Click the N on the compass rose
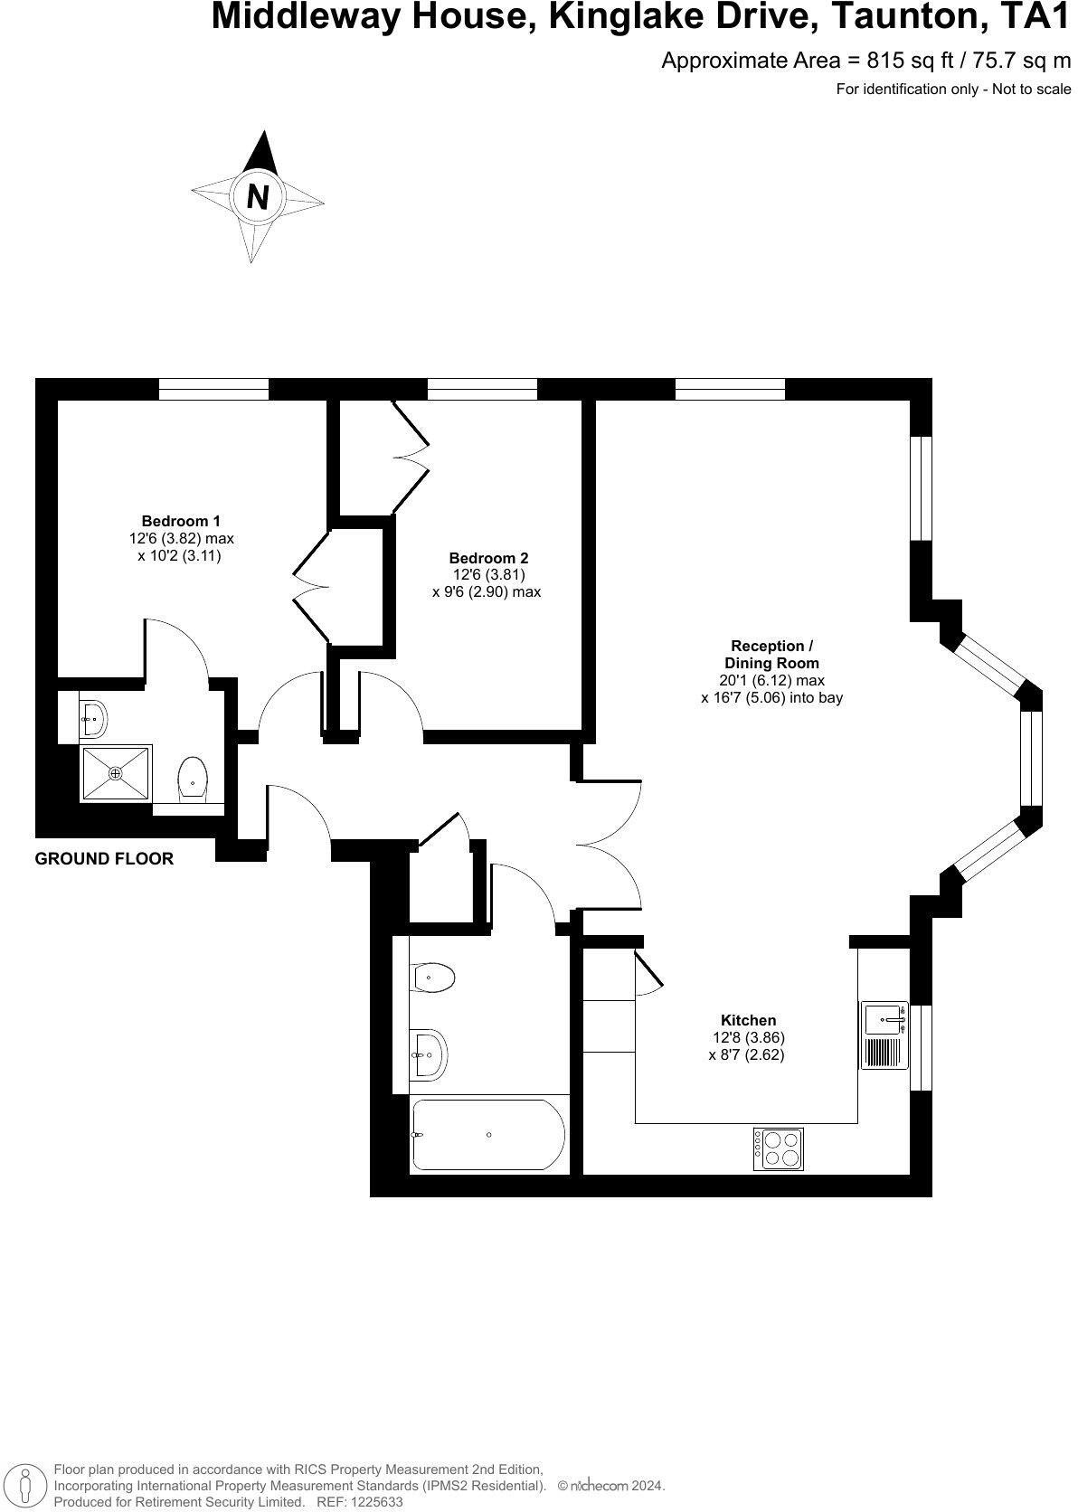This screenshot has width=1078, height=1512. click(258, 196)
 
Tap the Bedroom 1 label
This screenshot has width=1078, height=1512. click(181, 521)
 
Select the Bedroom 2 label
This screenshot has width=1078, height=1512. click(488, 559)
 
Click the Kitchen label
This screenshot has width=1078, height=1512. click(748, 1021)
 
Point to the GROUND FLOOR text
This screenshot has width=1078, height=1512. click(104, 859)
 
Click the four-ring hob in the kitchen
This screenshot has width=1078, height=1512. click(780, 1149)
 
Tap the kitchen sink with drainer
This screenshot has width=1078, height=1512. click(884, 1035)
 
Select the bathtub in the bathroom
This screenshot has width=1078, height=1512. click(488, 1135)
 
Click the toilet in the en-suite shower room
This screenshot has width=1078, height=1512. click(193, 779)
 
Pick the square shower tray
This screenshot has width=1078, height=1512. click(116, 773)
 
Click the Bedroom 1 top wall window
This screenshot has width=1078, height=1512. click(213, 390)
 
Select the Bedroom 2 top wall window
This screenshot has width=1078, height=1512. click(482, 390)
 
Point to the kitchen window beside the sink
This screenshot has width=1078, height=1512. click(921, 1047)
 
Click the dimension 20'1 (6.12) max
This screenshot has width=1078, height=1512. click(771, 681)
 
